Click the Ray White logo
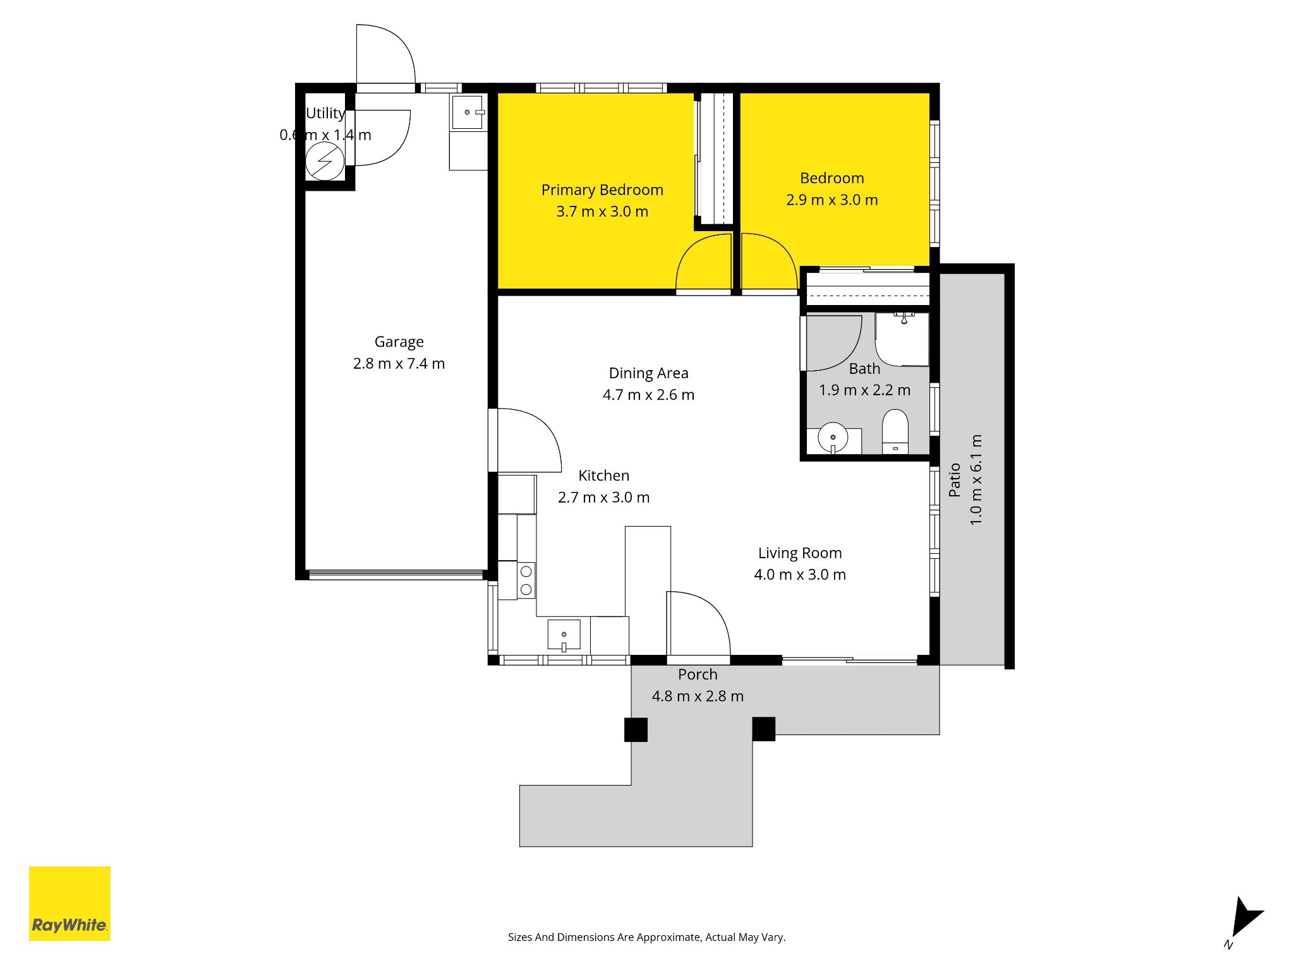70,903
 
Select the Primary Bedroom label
602,190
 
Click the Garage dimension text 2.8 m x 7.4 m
399,364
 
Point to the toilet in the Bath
895,432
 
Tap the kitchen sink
564,635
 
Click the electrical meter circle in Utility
325,162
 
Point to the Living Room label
800,553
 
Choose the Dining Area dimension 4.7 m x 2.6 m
648,395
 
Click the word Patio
954,480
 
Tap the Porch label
698,674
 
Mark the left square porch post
636,729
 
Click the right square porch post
763,729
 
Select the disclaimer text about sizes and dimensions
646,937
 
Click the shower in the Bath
902,339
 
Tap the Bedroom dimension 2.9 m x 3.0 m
831,200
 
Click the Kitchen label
603,476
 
